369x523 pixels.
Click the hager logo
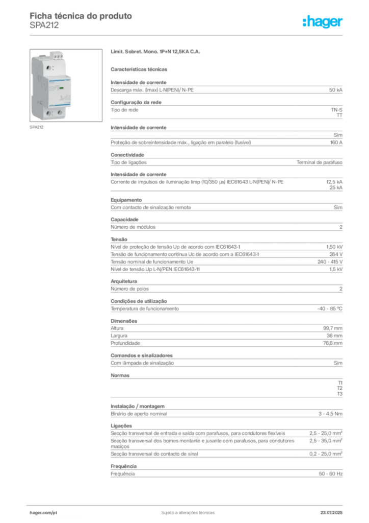(323, 21)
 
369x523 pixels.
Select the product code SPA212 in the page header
(44, 26)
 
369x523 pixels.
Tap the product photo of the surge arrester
(66, 85)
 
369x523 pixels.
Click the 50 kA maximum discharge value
(336, 90)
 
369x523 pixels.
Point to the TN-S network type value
(337, 110)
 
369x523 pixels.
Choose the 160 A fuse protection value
(336, 142)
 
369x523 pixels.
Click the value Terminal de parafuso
(320, 162)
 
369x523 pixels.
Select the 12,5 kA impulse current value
(334, 182)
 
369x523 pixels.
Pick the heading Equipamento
(126, 200)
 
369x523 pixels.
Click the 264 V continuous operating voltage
(336, 254)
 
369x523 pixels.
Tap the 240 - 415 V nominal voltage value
(330, 262)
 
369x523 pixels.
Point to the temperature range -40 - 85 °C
(329, 309)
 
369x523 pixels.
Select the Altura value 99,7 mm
(333, 328)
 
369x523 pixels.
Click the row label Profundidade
(125, 343)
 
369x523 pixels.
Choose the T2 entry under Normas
(340, 388)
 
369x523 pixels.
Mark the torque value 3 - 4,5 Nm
(330, 414)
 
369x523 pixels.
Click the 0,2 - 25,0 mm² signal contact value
(326, 454)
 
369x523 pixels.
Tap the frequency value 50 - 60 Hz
(331, 474)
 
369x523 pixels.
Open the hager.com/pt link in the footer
(43, 513)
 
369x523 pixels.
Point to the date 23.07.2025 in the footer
(331, 513)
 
